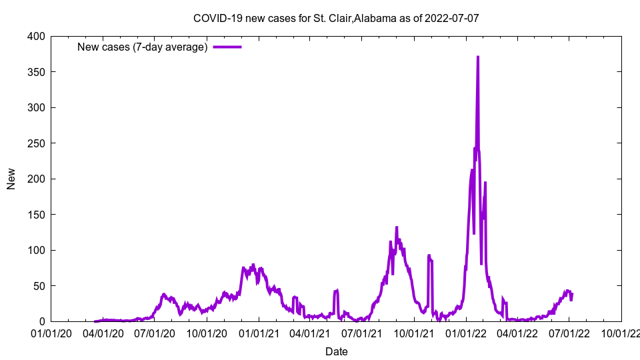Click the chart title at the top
[x=336, y=19]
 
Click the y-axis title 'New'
[x=11, y=179]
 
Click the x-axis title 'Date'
[x=336, y=351]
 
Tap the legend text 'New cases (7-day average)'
[x=142, y=47]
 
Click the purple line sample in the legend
[x=227, y=47]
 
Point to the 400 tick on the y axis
[x=37, y=36]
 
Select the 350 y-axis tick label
[x=37, y=72]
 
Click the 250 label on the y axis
[x=37, y=143]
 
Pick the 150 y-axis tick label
[x=37, y=215]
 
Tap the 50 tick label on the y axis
[x=39, y=286]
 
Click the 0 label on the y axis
[x=42, y=321]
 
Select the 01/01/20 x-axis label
[x=51, y=333]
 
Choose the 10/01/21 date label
[x=414, y=333]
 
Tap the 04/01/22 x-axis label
[x=517, y=333]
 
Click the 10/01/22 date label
[x=621, y=333]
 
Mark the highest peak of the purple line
[x=478, y=57]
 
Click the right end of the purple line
[x=572, y=293]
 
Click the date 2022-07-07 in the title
[x=453, y=19]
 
